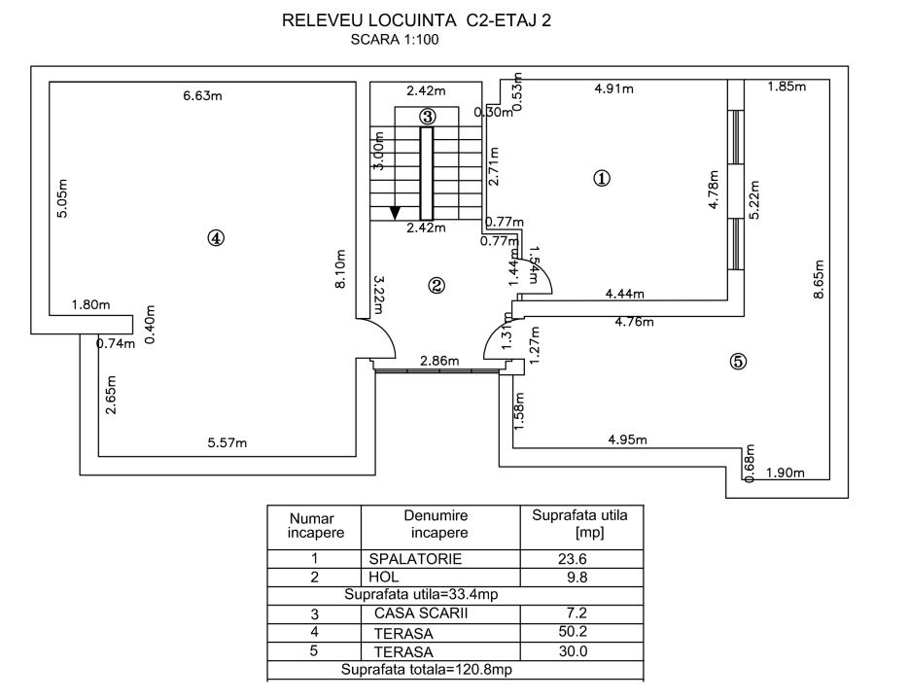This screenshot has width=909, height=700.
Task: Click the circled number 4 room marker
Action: [216, 237]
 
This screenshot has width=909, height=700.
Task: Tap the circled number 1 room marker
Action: [602, 178]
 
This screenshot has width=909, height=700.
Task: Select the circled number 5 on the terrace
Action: [738, 362]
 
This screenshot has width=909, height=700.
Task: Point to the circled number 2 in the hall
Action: [437, 285]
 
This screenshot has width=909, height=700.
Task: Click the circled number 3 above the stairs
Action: [427, 115]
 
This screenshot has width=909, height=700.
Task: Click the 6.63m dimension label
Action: [203, 95]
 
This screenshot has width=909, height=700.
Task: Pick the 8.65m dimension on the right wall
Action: [820, 281]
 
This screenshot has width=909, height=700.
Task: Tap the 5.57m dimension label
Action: [227, 443]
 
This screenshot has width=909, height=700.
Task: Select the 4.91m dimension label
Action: [613, 89]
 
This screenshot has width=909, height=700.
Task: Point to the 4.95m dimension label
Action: [627, 439]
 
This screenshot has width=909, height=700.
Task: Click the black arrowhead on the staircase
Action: [395, 211]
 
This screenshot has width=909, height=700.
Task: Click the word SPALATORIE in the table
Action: [415, 559]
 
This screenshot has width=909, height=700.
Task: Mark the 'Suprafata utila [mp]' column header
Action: [579, 523]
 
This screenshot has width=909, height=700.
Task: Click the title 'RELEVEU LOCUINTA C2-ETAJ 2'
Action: [416, 19]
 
